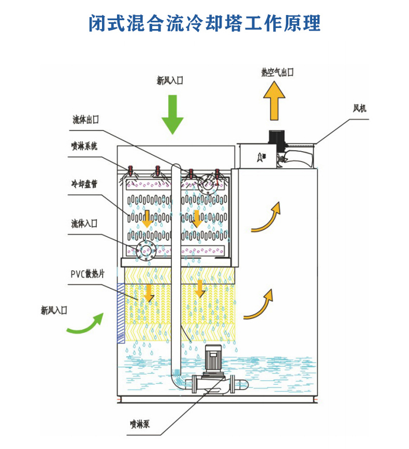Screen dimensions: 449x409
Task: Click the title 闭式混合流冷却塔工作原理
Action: [x=204, y=22]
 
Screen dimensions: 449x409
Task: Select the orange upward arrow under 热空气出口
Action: [x=274, y=102]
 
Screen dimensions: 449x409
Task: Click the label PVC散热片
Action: [x=87, y=274]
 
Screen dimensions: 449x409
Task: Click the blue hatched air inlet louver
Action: [x=121, y=313]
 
